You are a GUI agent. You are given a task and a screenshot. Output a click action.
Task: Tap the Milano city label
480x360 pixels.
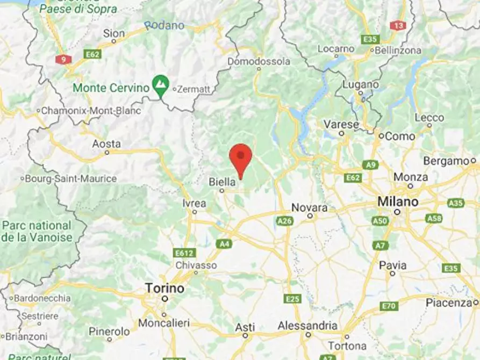pyautogui.click(x=397, y=202)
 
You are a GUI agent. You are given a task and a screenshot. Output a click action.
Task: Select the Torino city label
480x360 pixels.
pyautogui.click(x=164, y=289)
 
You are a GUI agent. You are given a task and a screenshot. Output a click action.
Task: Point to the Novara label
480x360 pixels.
pyautogui.click(x=310, y=207)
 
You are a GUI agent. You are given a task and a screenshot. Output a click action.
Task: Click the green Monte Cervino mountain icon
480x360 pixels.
pyautogui.click(x=160, y=84)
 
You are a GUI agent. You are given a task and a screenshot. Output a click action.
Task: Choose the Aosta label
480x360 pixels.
pyautogui.click(x=106, y=144)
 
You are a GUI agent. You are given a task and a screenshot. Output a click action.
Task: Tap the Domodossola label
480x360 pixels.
pyautogui.click(x=259, y=62)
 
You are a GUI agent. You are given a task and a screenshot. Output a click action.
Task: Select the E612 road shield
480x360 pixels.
pyautogui.click(x=184, y=253)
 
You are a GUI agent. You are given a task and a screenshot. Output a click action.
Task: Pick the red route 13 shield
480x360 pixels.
pyautogui.click(x=398, y=25)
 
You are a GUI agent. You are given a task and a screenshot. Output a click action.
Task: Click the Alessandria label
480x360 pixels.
pyautogui.click(x=307, y=326)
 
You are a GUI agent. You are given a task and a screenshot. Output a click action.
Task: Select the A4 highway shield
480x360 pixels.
pyautogui.click(x=224, y=244)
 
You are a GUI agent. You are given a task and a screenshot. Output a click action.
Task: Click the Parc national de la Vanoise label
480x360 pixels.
pyautogui.click(x=37, y=231)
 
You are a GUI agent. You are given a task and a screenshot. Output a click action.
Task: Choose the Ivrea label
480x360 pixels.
pyautogui.click(x=194, y=203)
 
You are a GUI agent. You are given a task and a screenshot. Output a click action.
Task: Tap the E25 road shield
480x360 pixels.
pyautogui.click(x=293, y=299)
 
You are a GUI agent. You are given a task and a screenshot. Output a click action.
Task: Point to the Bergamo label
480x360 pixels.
pyautogui.click(x=446, y=161)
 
